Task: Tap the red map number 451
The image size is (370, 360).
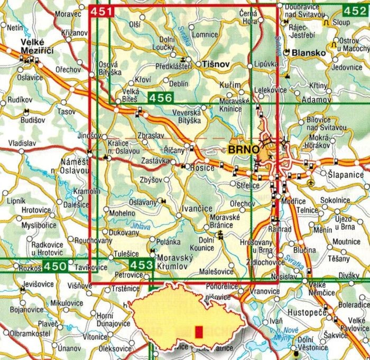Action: tap(101, 12)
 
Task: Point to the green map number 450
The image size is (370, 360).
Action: tap(55, 267)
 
